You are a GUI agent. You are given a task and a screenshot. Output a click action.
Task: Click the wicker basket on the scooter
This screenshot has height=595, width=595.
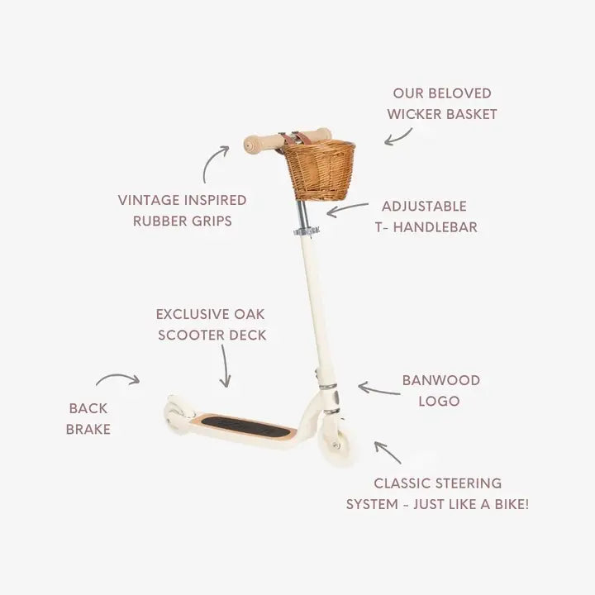click(x=320, y=170)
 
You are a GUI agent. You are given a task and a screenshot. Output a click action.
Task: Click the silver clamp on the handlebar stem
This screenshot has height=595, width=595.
click(x=306, y=231)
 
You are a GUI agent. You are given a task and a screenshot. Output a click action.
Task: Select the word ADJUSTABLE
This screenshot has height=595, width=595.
click(x=424, y=207)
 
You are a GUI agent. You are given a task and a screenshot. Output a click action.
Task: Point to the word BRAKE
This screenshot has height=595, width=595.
click(x=88, y=429)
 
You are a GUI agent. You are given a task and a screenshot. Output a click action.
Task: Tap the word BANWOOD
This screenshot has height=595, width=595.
click(x=441, y=380)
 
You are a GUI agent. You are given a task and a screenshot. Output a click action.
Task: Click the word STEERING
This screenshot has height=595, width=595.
click(x=469, y=483)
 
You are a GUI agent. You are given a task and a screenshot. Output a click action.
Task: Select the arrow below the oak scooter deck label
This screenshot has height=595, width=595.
click(x=226, y=366)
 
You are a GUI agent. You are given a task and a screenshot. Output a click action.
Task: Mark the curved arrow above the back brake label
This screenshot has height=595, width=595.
click(x=118, y=377)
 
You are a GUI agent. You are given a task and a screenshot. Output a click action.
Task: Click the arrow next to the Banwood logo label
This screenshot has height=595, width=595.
click(x=378, y=390)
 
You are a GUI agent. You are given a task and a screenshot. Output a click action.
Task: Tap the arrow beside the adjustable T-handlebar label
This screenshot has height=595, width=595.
click(x=347, y=208)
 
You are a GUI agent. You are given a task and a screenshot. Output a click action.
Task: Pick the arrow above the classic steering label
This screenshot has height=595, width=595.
click(x=387, y=452)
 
